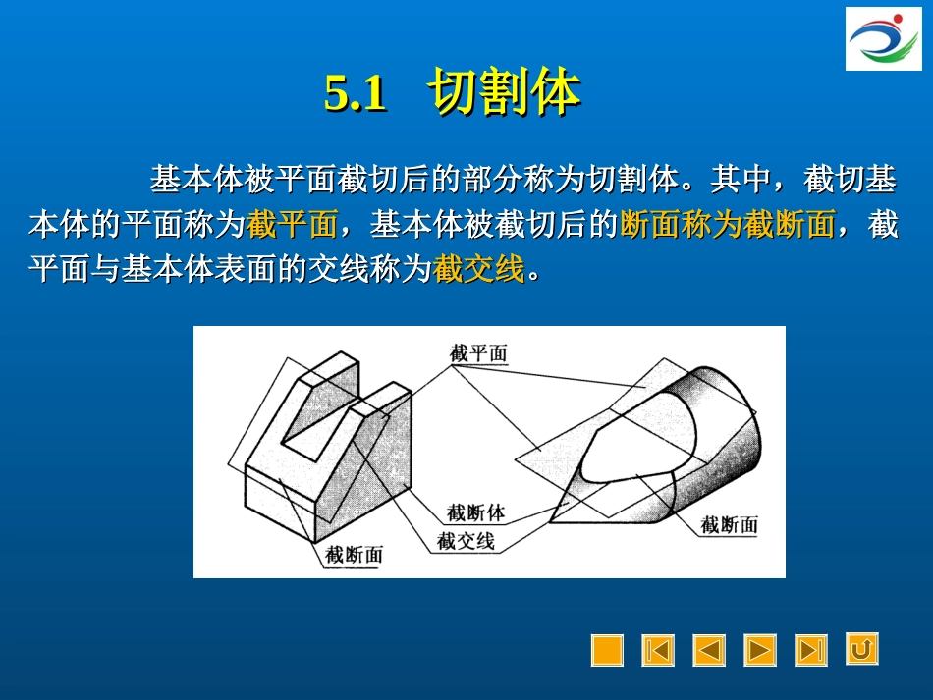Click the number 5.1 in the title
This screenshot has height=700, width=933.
coord(355,94)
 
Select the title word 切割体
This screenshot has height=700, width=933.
coord(504,93)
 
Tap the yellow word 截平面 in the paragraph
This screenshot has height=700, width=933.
coord(293,225)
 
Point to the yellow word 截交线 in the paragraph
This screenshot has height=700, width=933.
coord(479,268)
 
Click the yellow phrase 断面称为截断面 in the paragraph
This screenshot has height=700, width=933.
coord(728,225)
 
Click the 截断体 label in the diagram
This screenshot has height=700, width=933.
coord(475,512)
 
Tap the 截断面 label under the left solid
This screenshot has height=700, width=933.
coord(355,555)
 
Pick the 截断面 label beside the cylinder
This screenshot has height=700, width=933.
coord(730,525)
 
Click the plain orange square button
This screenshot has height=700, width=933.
coord(607,650)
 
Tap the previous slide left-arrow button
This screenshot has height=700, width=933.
coord(709,650)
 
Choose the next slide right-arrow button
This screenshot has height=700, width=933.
coord(760,650)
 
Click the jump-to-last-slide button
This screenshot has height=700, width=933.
coord(811,650)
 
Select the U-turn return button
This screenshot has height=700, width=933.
coord(862,649)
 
